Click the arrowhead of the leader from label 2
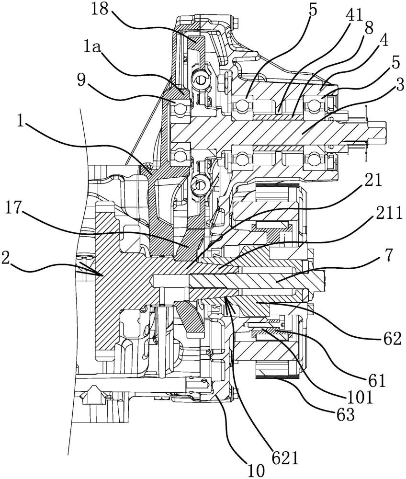(102, 275)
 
